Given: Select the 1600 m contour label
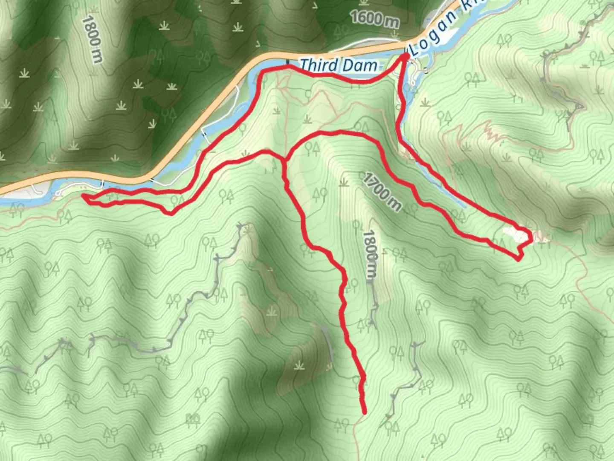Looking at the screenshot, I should (374, 19).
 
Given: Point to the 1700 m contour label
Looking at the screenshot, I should (382, 193).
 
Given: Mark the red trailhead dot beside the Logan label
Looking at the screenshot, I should (405, 55).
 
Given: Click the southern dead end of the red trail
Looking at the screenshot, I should (365, 412).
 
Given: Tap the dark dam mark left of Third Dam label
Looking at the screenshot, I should (287, 63).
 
